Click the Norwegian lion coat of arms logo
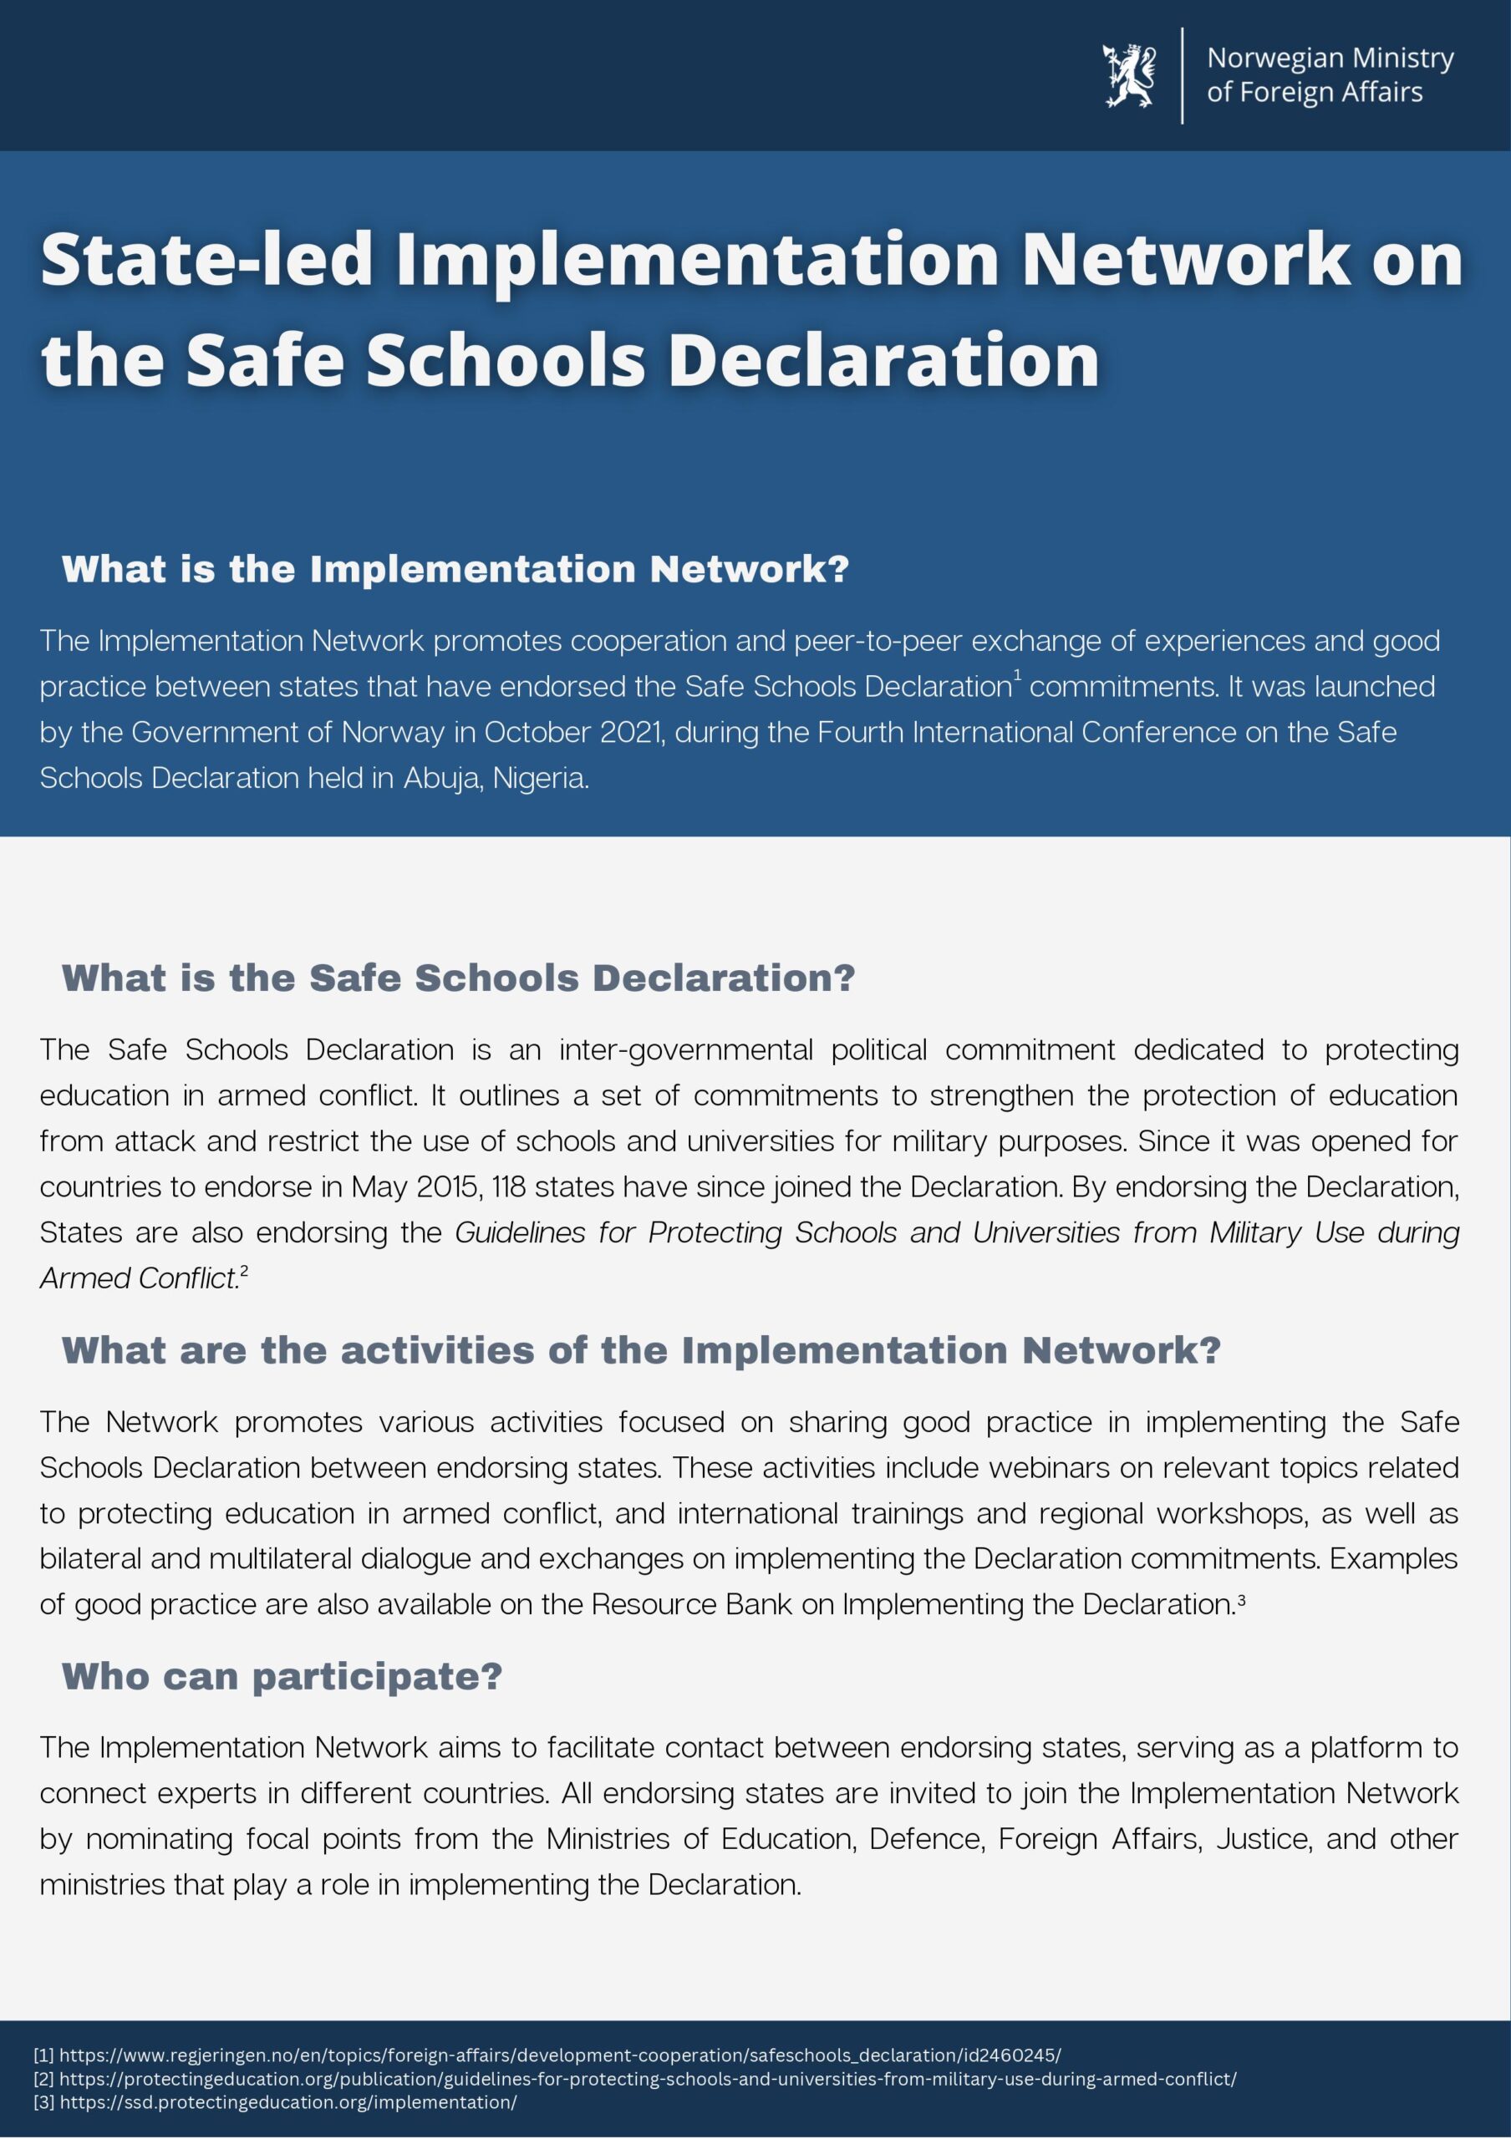pyautogui.click(x=1128, y=74)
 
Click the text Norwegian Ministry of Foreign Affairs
pyautogui.click(x=1330, y=74)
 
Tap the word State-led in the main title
pyautogui.click(x=206, y=261)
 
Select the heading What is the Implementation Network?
pyautogui.click(x=455, y=569)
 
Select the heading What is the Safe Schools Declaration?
pyautogui.click(x=458, y=978)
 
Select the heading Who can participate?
pyautogui.click(x=282, y=1677)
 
